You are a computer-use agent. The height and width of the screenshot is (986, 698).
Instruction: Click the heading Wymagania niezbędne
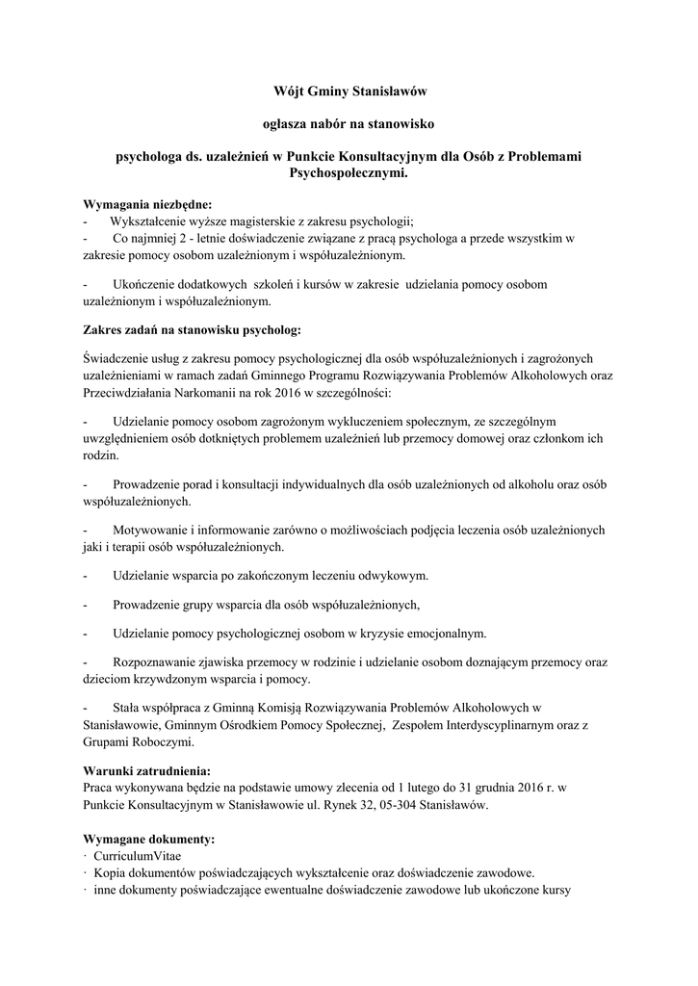pyautogui.click(x=147, y=204)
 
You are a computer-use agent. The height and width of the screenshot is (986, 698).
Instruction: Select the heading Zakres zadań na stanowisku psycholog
pyautogui.click(x=192, y=329)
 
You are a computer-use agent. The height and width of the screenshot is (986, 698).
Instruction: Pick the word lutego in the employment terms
pyautogui.click(x=428, y=788)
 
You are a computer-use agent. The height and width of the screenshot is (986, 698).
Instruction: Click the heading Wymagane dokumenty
pyautogui.click(x=149, y=839)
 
